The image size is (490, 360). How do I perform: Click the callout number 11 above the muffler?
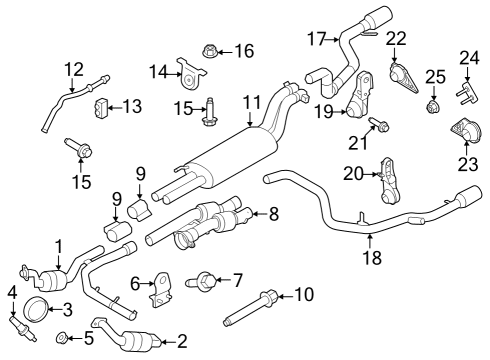tap(250, 101)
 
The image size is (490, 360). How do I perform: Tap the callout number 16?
tap(243, 49)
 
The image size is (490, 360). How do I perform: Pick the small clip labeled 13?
tap(102, 106)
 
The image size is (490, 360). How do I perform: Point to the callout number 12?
tap(73, 69)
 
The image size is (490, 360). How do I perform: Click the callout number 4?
tap(12, 292)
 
